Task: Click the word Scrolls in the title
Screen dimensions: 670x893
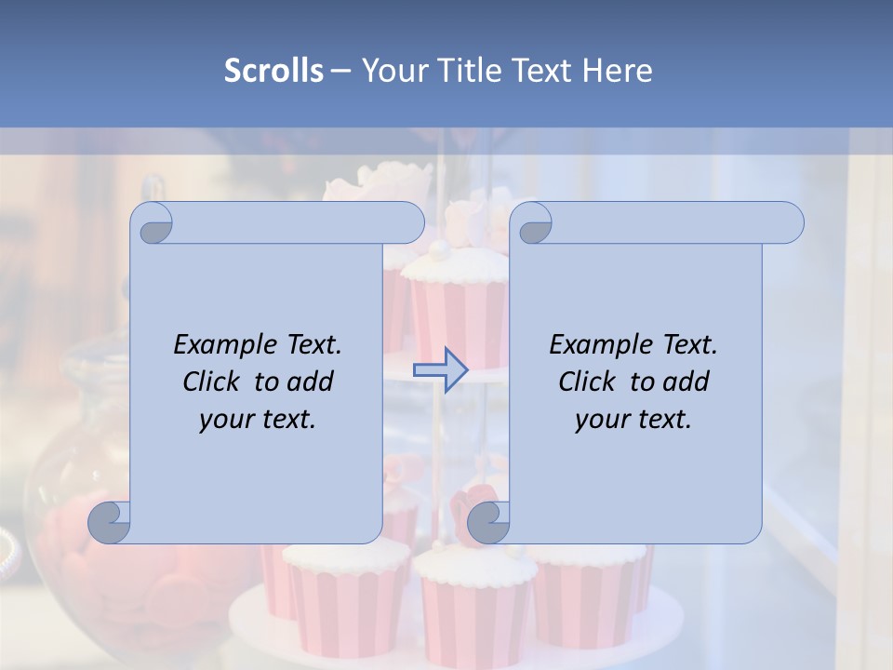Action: (273, 71)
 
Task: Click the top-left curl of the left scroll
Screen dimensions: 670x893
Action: (152, 223)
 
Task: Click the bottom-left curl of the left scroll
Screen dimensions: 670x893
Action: (109, 522)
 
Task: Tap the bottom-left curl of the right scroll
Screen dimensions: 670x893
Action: (487, 522)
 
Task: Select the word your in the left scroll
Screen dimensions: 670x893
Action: (223, 420)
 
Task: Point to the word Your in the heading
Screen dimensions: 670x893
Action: (390, 71)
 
